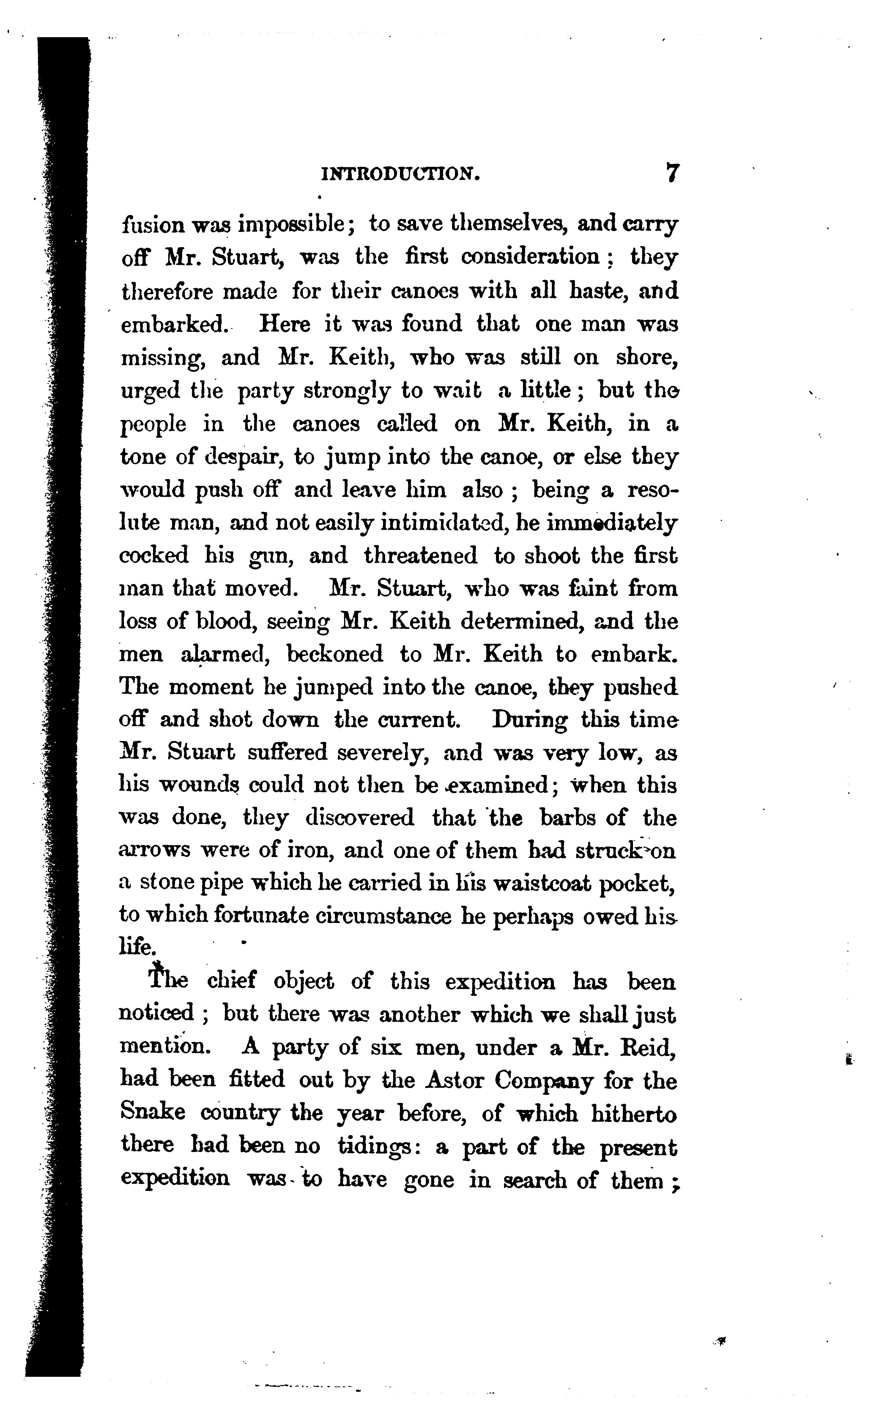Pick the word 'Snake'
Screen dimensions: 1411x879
(x=152, y=1113)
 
